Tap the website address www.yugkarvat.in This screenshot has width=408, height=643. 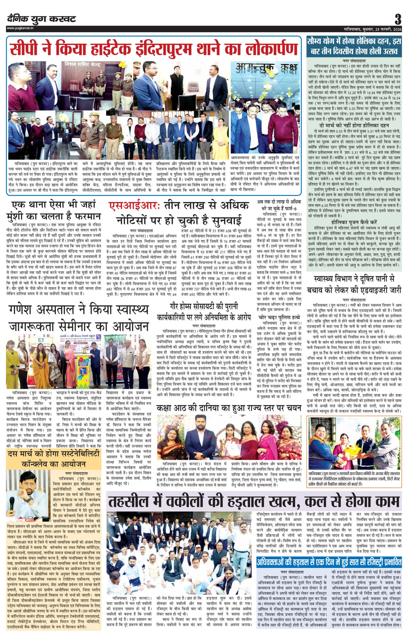point(20,28)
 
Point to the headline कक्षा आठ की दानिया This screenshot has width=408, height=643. point(229,408)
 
